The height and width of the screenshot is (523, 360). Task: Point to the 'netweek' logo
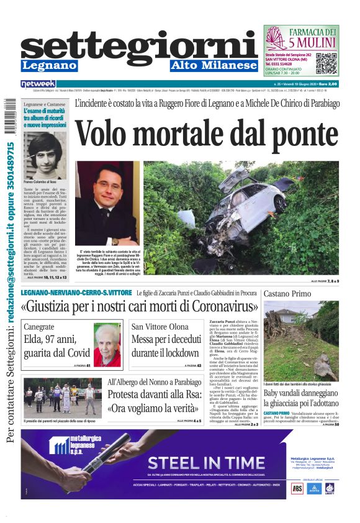[38, 84]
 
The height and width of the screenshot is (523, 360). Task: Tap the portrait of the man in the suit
[107, 203]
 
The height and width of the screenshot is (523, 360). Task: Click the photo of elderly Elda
[107, 345]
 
